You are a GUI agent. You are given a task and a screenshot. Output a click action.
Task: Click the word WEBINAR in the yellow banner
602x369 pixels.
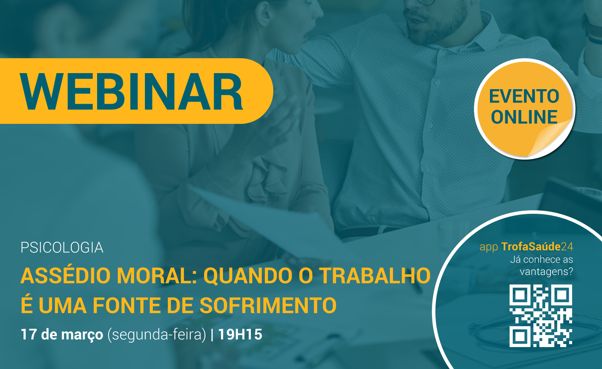tap(131, 91)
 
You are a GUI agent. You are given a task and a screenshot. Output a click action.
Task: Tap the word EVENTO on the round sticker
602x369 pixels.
tap(524, 96)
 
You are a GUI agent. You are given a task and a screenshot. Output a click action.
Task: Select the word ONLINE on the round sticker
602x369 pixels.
tap(524, 117)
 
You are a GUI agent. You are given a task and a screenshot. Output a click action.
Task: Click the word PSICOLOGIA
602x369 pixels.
tap(62, 248)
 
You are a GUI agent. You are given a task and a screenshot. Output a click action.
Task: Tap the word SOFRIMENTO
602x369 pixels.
tap(268, 305)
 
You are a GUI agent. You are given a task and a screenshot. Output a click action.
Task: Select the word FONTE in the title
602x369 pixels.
tap(127, 305)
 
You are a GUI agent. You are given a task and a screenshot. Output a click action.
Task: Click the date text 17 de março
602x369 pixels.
tap(62, 335)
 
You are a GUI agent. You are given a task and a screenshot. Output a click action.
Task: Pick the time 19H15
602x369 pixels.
tap(240, 335)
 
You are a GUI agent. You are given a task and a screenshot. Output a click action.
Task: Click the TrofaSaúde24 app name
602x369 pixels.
tap(537, 247)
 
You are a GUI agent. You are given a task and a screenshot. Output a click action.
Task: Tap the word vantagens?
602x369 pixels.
tap(546, 272)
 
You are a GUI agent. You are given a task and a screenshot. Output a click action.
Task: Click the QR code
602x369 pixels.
tap(541, 316)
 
